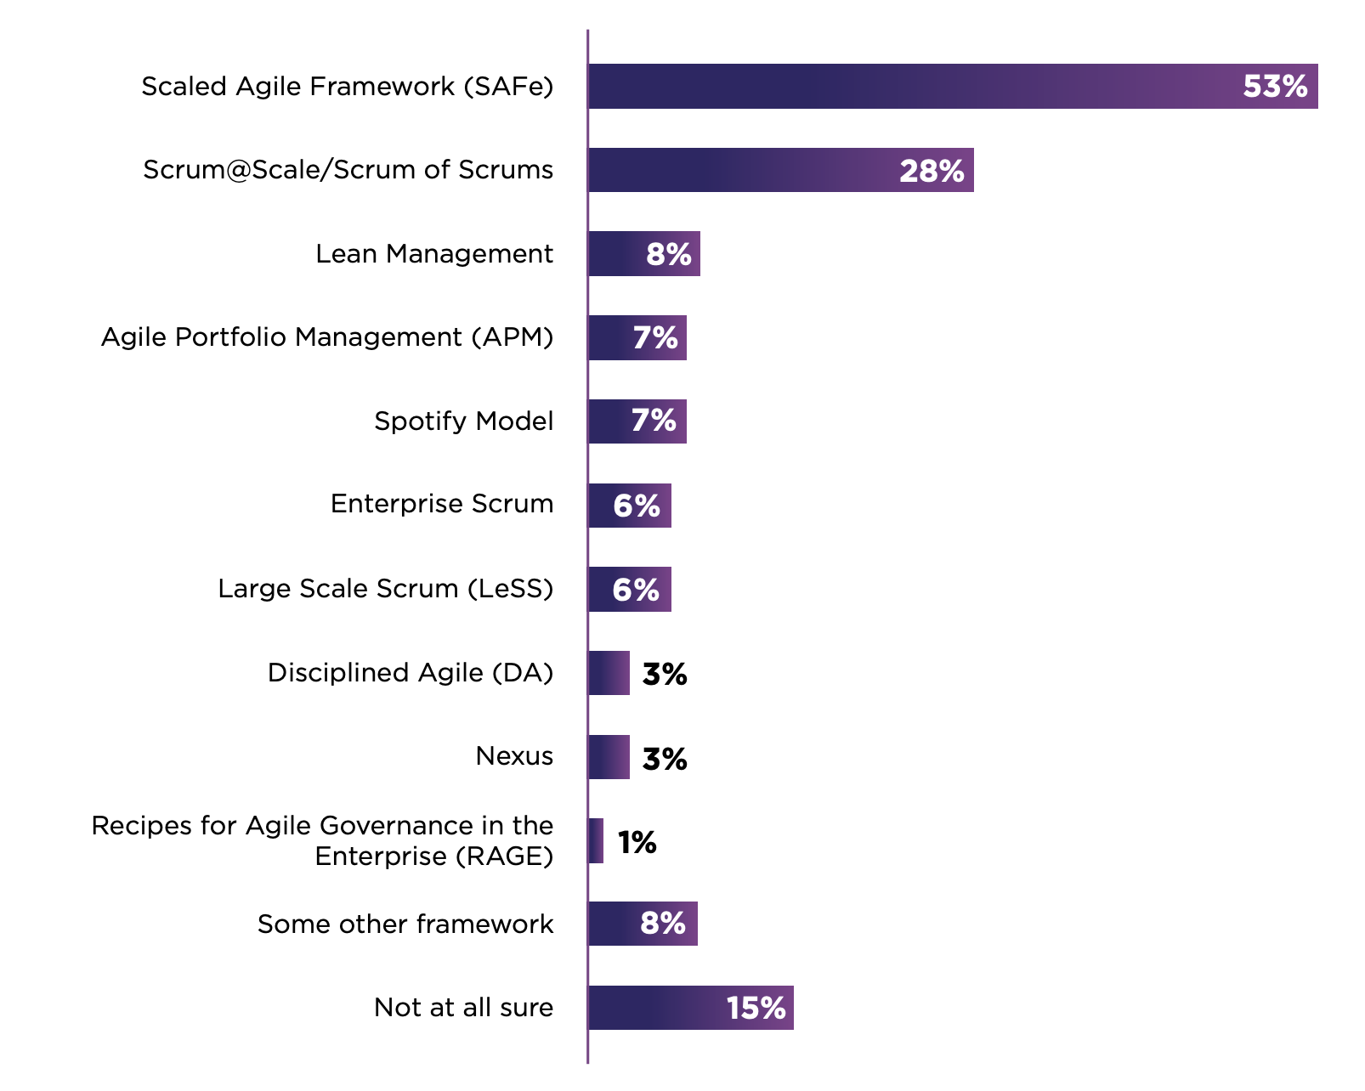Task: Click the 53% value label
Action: pos(1274,87)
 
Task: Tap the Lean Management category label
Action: pos(433,254)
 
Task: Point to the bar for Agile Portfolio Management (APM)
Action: pos(637,338)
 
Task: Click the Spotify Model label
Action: pos(463,421)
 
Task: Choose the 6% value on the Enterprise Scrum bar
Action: pos(636,506)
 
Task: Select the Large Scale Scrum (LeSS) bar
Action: pos(629,590)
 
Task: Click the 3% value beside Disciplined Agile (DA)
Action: pos(664,675)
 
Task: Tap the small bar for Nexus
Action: pos(609,757)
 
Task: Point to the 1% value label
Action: pos(637,843)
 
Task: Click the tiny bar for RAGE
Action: pos(596,841)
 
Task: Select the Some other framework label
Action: pos(405,924)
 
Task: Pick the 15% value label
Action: pos(756,1009)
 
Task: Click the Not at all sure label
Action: pos(463,1008)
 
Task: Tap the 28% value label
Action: pos(931,172)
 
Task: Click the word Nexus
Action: pos(513,756)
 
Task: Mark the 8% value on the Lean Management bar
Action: pos(668,254)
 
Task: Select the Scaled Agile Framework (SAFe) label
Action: pos(347,87)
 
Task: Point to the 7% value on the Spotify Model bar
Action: pos(653,421)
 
